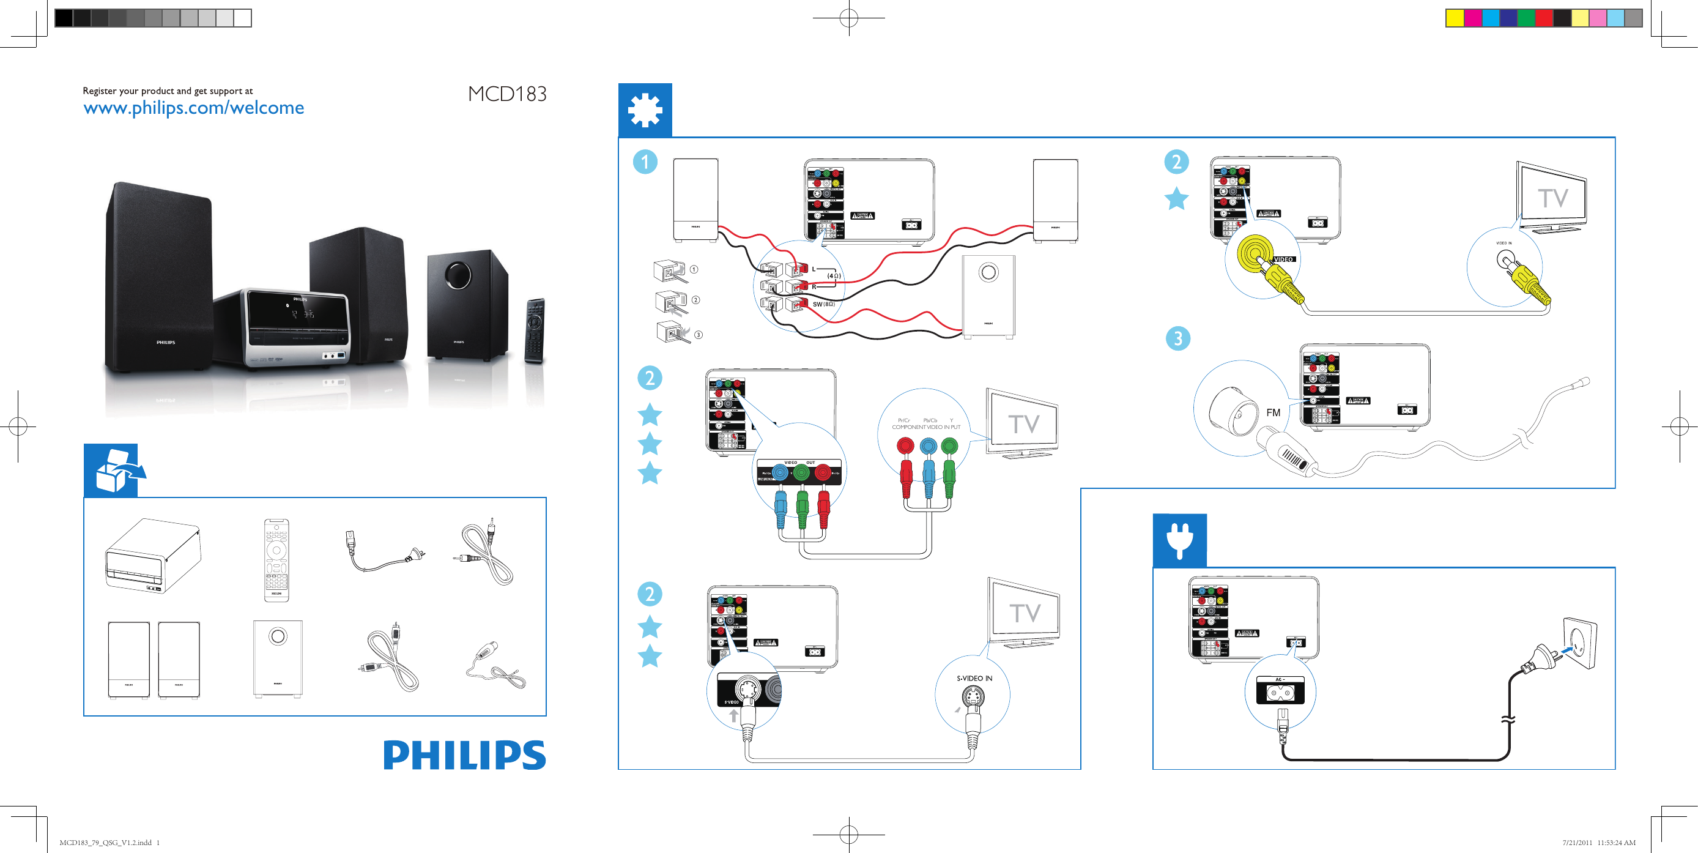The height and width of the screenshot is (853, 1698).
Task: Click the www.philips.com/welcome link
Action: click(193, 108)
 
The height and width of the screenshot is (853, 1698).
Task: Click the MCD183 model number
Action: click(507, 94)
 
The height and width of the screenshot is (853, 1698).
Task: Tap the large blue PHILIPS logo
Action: click(464, 756)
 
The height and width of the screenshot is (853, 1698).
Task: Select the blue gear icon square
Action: click(645, 110)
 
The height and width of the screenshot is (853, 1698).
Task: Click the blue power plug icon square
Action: click(1179, 540)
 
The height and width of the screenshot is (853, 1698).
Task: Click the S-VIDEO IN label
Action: click(974, 679)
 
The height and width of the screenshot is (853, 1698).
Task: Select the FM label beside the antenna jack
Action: click(1273, 412)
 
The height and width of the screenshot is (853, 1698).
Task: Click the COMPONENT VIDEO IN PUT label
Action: click(925, 427)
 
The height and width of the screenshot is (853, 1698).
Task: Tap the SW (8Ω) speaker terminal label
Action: click(823, 304)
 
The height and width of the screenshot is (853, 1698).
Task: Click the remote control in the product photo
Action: click(535, 330)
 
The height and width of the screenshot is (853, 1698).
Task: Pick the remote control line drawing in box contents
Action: click(276, 560)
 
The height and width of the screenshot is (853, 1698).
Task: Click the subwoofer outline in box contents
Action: click(278, 658)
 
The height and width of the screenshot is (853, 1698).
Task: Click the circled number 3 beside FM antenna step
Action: click(1177, 338)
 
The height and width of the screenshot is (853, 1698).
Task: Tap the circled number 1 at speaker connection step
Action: click(645, 162)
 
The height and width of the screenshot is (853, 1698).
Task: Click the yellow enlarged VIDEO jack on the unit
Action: click(1253, 253)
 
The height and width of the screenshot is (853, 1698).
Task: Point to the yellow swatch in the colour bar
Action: click(1454, 18)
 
